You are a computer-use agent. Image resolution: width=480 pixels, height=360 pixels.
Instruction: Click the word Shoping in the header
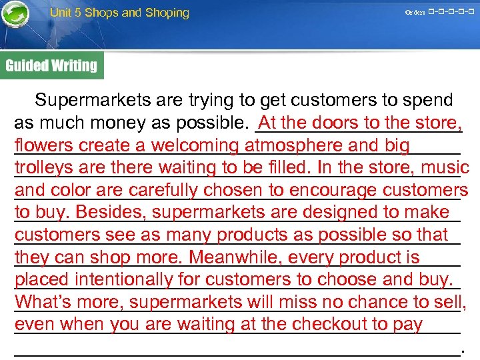click(x=165, y=13)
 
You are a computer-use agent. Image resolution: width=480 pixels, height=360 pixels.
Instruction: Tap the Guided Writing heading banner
click(x=52, y=65)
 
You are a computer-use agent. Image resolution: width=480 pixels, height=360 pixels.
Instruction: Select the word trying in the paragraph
click(x=213, y=101)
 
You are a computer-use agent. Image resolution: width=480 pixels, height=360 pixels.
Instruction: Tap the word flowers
click(x=43, y=145)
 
